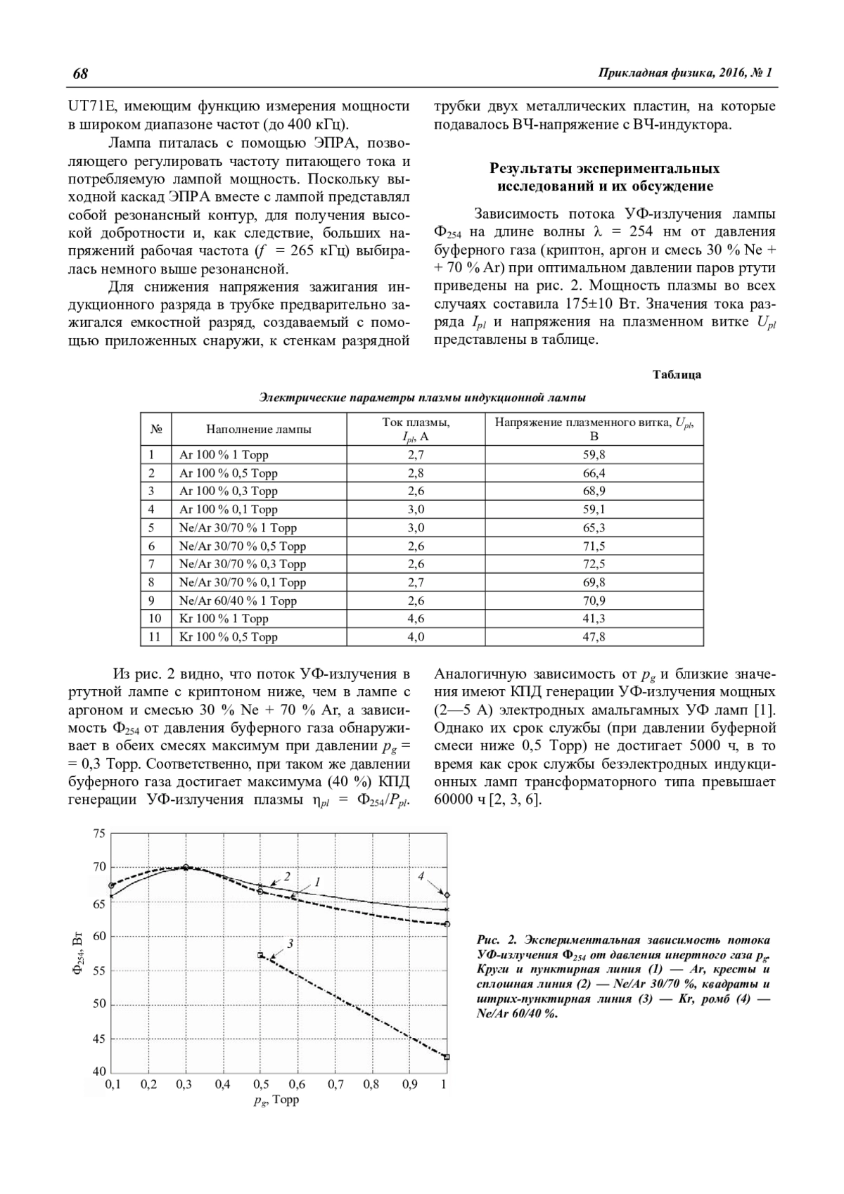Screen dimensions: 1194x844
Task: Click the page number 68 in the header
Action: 79,74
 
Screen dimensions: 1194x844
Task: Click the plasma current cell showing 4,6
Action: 416,619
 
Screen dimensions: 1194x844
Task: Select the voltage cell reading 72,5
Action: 594,564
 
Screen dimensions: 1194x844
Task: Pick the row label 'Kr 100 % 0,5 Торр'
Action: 229,637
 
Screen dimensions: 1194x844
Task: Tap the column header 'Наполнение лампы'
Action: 258,430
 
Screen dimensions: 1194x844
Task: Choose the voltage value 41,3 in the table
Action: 594,619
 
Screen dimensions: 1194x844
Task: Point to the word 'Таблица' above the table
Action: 677,375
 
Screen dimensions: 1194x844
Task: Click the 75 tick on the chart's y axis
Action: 98,834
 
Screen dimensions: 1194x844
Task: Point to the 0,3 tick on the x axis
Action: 185,1085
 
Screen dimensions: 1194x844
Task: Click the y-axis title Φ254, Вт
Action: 77,953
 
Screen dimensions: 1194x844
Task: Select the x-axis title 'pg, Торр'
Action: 276,1100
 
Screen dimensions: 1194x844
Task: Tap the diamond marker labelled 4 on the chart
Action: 446,895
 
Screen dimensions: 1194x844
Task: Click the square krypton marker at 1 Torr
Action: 446,1057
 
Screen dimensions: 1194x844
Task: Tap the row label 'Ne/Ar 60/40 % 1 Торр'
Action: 238,601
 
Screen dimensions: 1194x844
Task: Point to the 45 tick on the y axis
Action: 98,1039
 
